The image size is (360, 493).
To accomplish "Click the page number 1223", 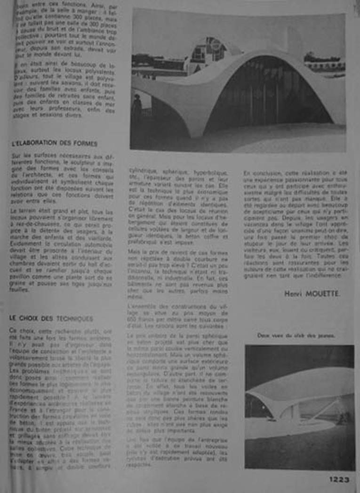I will tap(339, 480).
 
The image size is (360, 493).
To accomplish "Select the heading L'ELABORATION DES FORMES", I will tap(54, 143).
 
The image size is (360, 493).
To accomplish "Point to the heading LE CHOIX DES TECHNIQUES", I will tap(51, 318).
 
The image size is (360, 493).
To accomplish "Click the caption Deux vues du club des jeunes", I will tap(296, 336).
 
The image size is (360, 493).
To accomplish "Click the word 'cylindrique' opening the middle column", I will tap(142, 173).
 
